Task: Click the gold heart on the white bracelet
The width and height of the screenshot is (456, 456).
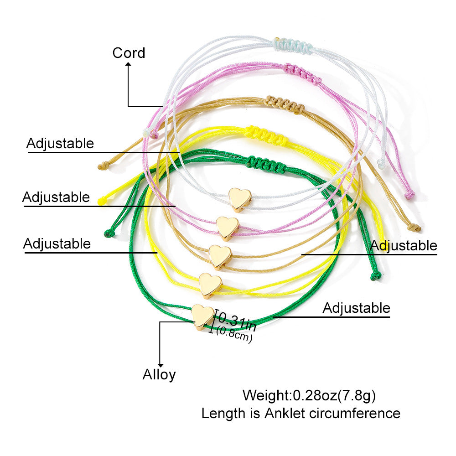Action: [240, 199]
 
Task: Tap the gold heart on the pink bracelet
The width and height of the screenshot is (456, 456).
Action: [228, 227]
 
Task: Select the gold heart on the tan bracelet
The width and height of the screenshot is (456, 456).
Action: [220, 256]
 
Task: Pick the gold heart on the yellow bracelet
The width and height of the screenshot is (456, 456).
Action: [210, 285]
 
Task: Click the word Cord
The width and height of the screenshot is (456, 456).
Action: [129, 53]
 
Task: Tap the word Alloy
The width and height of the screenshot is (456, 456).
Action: [159, 375]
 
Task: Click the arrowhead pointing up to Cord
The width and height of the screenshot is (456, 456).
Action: [128, 65]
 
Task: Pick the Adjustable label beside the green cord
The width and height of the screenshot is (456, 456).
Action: [356, 308]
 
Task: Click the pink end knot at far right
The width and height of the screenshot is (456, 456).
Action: [409, 195]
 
